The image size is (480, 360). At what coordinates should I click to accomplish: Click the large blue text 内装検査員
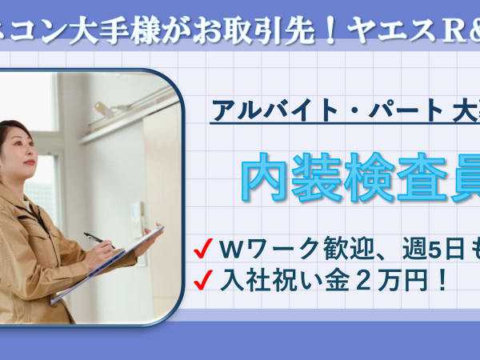(361, 178)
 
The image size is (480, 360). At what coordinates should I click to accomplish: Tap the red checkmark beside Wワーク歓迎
(203, 248)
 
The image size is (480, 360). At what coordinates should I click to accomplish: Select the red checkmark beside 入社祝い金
(203, 279)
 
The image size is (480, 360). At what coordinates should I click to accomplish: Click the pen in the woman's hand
(99, 240)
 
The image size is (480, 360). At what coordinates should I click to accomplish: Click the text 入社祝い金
(285, 280)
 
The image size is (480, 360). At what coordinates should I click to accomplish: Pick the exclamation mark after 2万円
(442, 280)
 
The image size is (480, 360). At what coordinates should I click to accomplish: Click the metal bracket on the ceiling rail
(104, 110)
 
